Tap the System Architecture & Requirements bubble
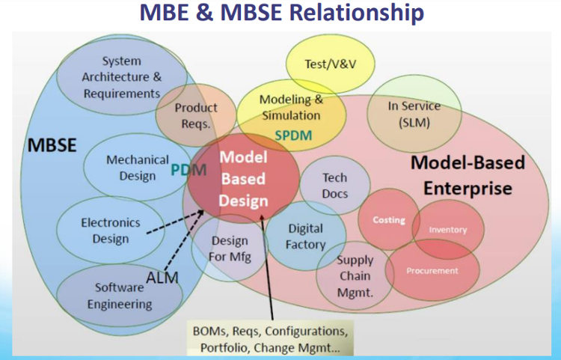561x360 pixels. click(122, 77)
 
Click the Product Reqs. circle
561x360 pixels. click(196, 115)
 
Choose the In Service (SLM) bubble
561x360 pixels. click(414, 114)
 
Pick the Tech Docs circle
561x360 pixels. click(334, 185)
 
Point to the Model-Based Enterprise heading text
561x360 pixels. click(467, 174)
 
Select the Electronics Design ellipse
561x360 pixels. click(111, 231)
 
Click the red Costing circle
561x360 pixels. click(389, 219)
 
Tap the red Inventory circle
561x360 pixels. click(447, 230)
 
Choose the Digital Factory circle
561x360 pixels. click(305, 236)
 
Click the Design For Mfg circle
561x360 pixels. click(230, 249)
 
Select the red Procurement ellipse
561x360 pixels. click(432, 270)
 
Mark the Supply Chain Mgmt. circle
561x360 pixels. click(355, 275)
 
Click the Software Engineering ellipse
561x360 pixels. click(120, 296)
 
